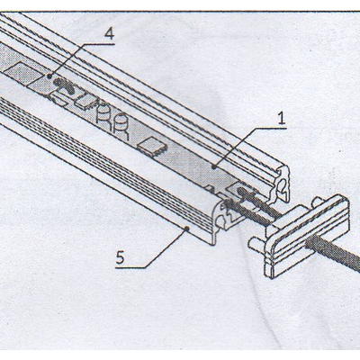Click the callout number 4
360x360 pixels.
109,34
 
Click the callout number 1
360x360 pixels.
281,119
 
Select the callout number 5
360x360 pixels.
121,257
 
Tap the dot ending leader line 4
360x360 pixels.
49,76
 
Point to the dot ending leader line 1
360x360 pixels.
213,166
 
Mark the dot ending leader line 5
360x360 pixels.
187,229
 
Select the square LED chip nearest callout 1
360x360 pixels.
152,146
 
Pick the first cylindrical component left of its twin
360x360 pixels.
103,112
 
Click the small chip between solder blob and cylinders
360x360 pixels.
85,102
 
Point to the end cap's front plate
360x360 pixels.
309,236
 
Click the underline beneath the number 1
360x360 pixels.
269,128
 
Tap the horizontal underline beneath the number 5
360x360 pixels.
130,266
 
